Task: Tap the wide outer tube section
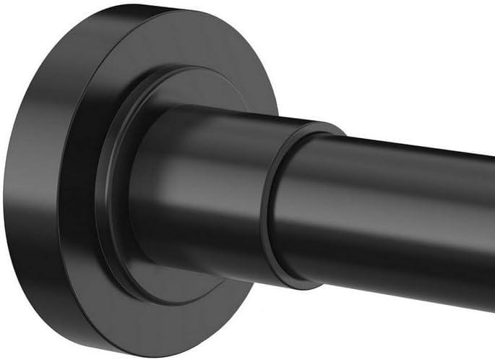[217, 188]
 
